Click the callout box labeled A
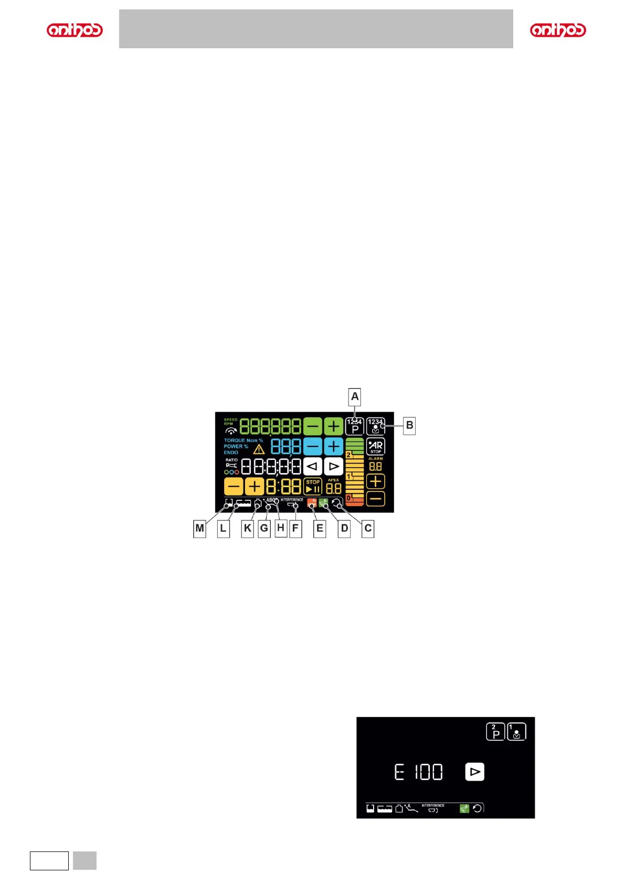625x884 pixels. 355,397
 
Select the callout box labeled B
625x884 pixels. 409,425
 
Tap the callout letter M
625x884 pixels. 199,528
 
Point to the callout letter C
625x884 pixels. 368,528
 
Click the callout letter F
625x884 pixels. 295,528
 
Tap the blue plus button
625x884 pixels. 333,447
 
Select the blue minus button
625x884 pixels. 313,447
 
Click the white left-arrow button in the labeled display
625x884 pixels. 313,466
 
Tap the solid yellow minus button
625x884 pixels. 234,487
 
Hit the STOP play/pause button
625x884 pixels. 313,486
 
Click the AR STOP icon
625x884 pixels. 376,446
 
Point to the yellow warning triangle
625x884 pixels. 259,449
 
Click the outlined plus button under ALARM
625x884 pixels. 376,481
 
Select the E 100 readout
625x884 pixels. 418,772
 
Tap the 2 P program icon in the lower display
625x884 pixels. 495,732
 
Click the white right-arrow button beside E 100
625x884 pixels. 474,772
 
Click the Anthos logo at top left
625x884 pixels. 75,30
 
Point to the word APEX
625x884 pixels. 333,480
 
